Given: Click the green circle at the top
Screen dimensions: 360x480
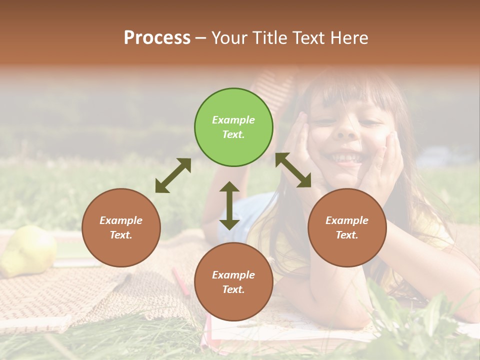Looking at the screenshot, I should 233,127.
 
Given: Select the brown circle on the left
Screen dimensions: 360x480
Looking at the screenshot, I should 121,227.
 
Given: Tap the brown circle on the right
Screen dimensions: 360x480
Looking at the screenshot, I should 347,227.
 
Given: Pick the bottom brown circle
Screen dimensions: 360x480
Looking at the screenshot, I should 233,282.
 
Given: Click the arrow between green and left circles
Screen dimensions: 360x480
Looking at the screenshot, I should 173,175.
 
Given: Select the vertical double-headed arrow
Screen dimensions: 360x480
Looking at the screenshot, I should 229,205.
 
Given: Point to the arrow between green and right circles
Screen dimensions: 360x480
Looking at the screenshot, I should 293,170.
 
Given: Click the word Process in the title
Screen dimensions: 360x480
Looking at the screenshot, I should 157,37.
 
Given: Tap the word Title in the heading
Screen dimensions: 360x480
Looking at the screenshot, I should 269,37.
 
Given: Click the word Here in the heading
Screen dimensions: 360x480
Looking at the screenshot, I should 349,37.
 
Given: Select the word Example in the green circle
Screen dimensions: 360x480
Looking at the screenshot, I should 233,120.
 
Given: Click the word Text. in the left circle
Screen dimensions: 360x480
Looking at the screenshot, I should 121,235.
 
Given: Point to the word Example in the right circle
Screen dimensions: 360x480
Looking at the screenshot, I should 347,220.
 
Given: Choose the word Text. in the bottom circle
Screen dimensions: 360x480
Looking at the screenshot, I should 233,289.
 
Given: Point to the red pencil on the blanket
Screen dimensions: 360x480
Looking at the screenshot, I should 180,281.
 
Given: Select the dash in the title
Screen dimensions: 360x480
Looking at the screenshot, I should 201,37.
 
